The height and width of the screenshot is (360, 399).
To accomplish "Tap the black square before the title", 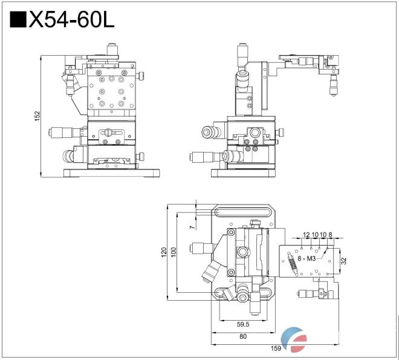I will pyautogui.click(x=19, y=20).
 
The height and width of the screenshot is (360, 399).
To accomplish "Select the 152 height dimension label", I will pyautogui.click(x=37, y=114).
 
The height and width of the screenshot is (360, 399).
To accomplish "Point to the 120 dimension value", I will pyautogui.click(x=163, y=252).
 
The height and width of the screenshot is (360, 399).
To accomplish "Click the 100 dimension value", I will pyautogui.click(x=174, y=252).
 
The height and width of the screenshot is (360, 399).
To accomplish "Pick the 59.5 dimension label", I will pyautogui.click(x=242, y=324).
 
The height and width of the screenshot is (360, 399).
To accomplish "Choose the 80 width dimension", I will pyautogui.click(x=242, y=336).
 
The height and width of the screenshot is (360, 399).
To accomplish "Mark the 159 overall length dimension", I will pyautogui.click(x=275, y=348).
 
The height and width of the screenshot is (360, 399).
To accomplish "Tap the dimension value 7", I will pyautogui.click(x=192, y=227).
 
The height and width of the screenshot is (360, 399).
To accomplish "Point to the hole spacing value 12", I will pyautogui.click(x=306, y=234).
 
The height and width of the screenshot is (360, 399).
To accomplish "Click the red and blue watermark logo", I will pyautogui.click(x=296, y=339).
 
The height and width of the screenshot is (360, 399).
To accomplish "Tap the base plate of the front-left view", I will pyautogui.click(x=112, y=174).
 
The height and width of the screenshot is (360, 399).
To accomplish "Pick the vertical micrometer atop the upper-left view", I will pyautogui.click(x=112, y=49).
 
